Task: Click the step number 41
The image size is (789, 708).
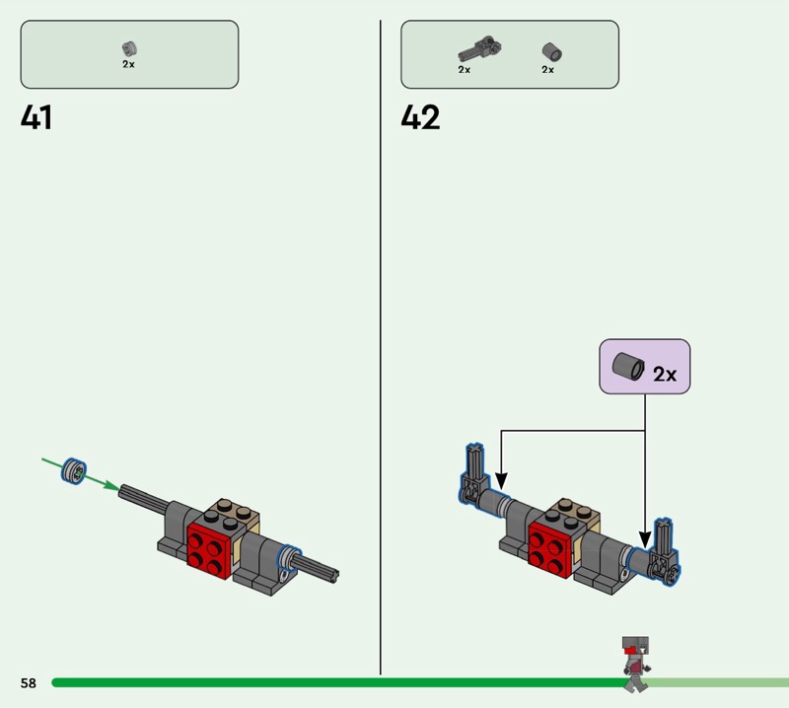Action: pyautogui.click(x=36, y=118)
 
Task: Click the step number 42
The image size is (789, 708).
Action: pyautogui.click(x=420, y=118)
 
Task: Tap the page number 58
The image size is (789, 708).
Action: pyautogui.click(x=28, y=682)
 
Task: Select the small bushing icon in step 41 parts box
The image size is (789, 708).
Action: pyautogui.click(x=128, y=47)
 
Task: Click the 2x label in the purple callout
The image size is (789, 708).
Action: pyautogui.click(x=665, y=375)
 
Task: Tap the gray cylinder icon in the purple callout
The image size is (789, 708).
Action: pyautogui.click(x=627, y=367)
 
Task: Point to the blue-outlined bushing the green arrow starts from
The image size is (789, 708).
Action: pyautogui.click(x=73, y=470)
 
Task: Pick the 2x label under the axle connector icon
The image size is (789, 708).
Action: pyautogui.click(x=464, y=70)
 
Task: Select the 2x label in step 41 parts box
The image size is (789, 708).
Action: pyautogui.click(x=128, y=64)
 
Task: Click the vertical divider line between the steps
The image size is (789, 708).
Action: pyautogui.click(x=381, y=345)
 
